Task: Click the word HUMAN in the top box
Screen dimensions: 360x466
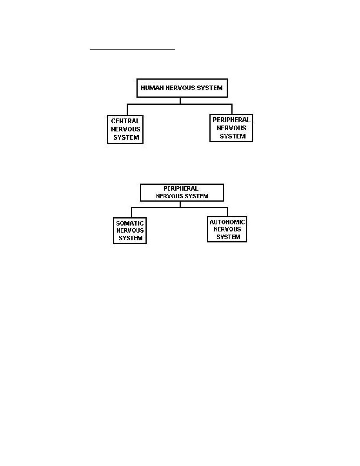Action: pyautogui.click(x=152, y=88)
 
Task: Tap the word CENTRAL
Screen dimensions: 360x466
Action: pyautogui.click(x=125, y=121)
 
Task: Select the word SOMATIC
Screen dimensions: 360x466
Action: pyautogui.click(x=130, y=223)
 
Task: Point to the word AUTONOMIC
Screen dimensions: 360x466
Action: pyautogui.click(x=227, y=222)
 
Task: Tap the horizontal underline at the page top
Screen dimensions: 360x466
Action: pyautogui.click(x=132, y=50)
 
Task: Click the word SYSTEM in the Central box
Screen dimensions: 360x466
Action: pyautogui.click(x=126, y=137)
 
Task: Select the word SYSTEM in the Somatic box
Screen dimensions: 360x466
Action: pyautogui.click(x=131, y=238)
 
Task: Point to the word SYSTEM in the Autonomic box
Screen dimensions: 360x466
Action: pyautogui.click(x=228, y=237)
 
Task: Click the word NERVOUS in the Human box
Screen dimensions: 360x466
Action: pyautogui.click(x=179, y=88)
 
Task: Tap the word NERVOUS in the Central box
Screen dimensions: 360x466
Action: pyautogui.click(x=125, y=129)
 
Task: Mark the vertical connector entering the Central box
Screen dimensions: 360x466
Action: pyautogui.click(x=127, y=110)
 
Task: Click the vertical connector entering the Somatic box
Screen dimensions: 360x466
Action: pyautogui.click(x=132, y=213)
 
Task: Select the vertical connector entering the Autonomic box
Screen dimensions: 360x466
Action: pyautogui.click(x=227, y=212)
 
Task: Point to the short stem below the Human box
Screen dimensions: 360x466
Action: pyautogui.click(x=180, y=101)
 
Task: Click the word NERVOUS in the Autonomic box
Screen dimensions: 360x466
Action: pyautogui.click(x=227, y=229)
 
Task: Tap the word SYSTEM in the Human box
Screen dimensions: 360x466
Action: pyautogui.click(x=209, y=88)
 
